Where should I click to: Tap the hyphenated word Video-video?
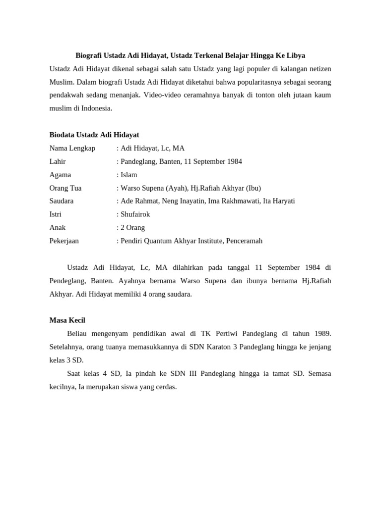pos(160,95)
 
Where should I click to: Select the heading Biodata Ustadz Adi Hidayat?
pos(94,135)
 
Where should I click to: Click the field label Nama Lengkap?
pos(72,148)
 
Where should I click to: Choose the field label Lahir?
pos(58,161)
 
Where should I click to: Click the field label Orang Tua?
pos(65,188)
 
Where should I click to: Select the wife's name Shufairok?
pos(135,214)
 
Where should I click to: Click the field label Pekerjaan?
pos(64,241)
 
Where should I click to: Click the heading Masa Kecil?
pos(67,320)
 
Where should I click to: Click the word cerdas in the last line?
pos(165,387)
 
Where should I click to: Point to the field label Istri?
pos(56,214)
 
